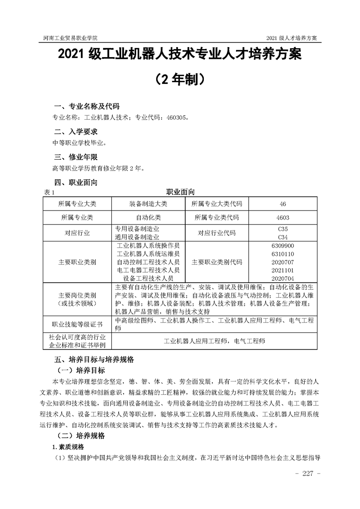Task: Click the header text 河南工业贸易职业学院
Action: pyautogui.click(x=70, y=37)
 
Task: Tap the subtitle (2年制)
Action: pyautogui.click(x=180, y=79)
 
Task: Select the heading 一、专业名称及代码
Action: pyautogui.click(x=87, y=107)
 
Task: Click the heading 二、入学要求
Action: pyautogui.click(x=76, y=132)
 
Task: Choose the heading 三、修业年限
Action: pyautogui.click(x=76, y=157)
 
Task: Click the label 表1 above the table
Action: pyautogui.click(x=49, y=192)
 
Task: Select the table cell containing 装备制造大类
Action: pyautogui.click(x=148, y=204)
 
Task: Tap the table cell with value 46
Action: pyautogui.click(x=282, y=204)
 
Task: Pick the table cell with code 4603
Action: pyautogui.click(x=282, y=217)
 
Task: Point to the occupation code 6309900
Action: pyautogui.click(x=282, y=245)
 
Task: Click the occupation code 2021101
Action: pyautogui.click(x=282, y=270)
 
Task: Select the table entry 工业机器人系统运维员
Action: pyautogui.click(x=148, y=254)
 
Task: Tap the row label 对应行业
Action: pyautogui.click(x=77, y=233)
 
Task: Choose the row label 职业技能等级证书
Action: pyautogui.click(x=77, y=324)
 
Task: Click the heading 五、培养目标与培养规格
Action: pyautogui.click(x=94, y=359)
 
